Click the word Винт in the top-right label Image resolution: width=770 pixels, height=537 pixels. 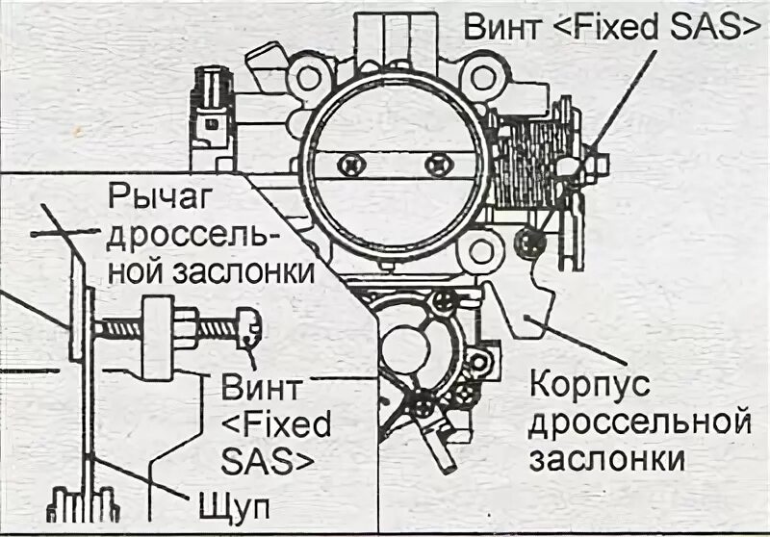click(502, 27)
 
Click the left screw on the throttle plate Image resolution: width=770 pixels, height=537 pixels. click(354, 165)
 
